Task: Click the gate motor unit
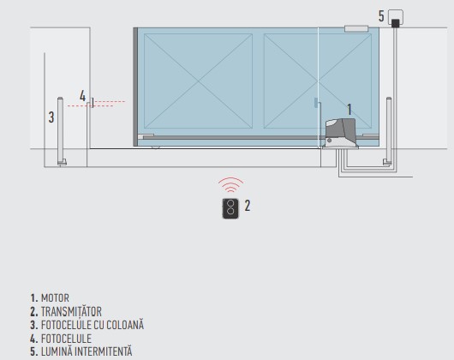[341, 133]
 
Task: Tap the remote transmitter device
[230, 208]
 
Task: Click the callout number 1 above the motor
[349, 110]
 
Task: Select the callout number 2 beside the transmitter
[248, 206]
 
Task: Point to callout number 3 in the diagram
[51, 117]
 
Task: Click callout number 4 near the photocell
[82, 96]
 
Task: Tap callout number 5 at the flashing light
[381, 16]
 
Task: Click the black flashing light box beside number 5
[395, 23]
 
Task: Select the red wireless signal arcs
[230, 185]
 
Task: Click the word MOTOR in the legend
[55, 298]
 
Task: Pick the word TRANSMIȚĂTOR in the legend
[71, 312]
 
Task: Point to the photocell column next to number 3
[61, 131]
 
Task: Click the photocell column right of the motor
[389, 131]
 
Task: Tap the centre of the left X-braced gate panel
[199, 81]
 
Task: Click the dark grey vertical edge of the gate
[135, 87]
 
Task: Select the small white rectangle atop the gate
[356, 28]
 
